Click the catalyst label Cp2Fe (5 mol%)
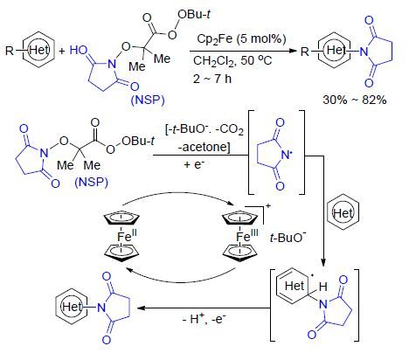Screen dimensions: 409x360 coord(241,39)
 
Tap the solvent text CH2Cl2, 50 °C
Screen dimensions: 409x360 coord(232,61)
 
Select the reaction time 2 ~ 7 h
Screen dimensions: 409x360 coord(211,79)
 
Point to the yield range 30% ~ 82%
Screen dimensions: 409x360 coord(355,100)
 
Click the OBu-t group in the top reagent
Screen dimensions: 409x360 coord(194,14)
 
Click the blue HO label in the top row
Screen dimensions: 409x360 coord(79,51)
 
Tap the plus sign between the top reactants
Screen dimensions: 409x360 coord(62,52)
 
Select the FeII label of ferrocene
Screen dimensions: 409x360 coord(128,235)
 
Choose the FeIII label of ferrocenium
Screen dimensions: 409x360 coord(247,235)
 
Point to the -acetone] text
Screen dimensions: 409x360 coord(204,147)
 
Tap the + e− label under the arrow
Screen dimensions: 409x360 coord(194,164)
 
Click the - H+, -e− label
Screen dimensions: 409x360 coord(204,319)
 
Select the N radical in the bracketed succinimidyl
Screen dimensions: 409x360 coord(286,155)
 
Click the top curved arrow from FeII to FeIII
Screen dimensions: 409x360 coord(177,193)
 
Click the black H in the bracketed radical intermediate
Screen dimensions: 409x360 coord(322,287)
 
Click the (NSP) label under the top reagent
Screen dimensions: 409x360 coord(148,100)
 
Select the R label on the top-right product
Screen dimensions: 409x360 coord(304,52)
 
